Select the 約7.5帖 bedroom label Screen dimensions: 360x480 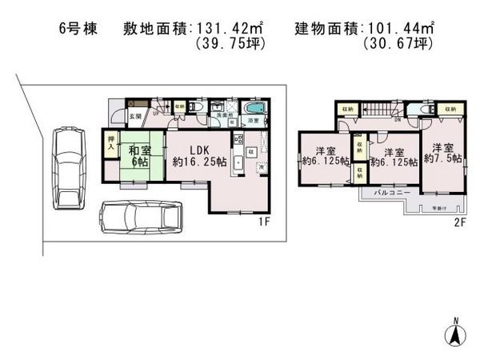444,152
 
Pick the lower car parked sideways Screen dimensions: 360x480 140,217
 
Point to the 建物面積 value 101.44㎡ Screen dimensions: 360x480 402,29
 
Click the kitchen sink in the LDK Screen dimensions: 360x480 238,157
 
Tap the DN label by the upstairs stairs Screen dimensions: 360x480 397,121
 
